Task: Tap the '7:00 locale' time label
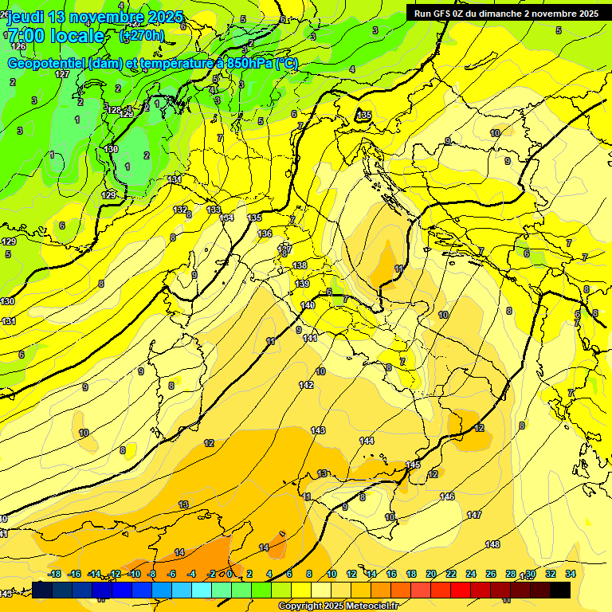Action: [x=56, y=36]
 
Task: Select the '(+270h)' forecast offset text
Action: [x=142, y=36]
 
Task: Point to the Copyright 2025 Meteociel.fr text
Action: [x=339, y=606]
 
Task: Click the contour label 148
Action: [x=492, y=544]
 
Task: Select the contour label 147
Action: [x=474, y=516]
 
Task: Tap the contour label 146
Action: [x=448, y=496]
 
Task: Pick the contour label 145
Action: [x=413, y=465]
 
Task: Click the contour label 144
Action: [x=367, y=441]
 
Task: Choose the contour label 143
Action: [x=318, y=430]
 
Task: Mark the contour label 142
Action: [x=306, y=385]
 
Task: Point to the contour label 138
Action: [x=300, y=265]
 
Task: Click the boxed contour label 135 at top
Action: [x=364, y=116]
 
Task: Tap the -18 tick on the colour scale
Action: [x=55, y=574]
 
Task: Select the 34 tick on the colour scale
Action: [x=571, y=574]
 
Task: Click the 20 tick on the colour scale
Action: [x=431, y=574]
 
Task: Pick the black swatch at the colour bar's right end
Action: [x=560, y=590]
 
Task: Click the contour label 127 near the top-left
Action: [x=62, y=74]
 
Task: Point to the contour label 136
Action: [x=265, y=233]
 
